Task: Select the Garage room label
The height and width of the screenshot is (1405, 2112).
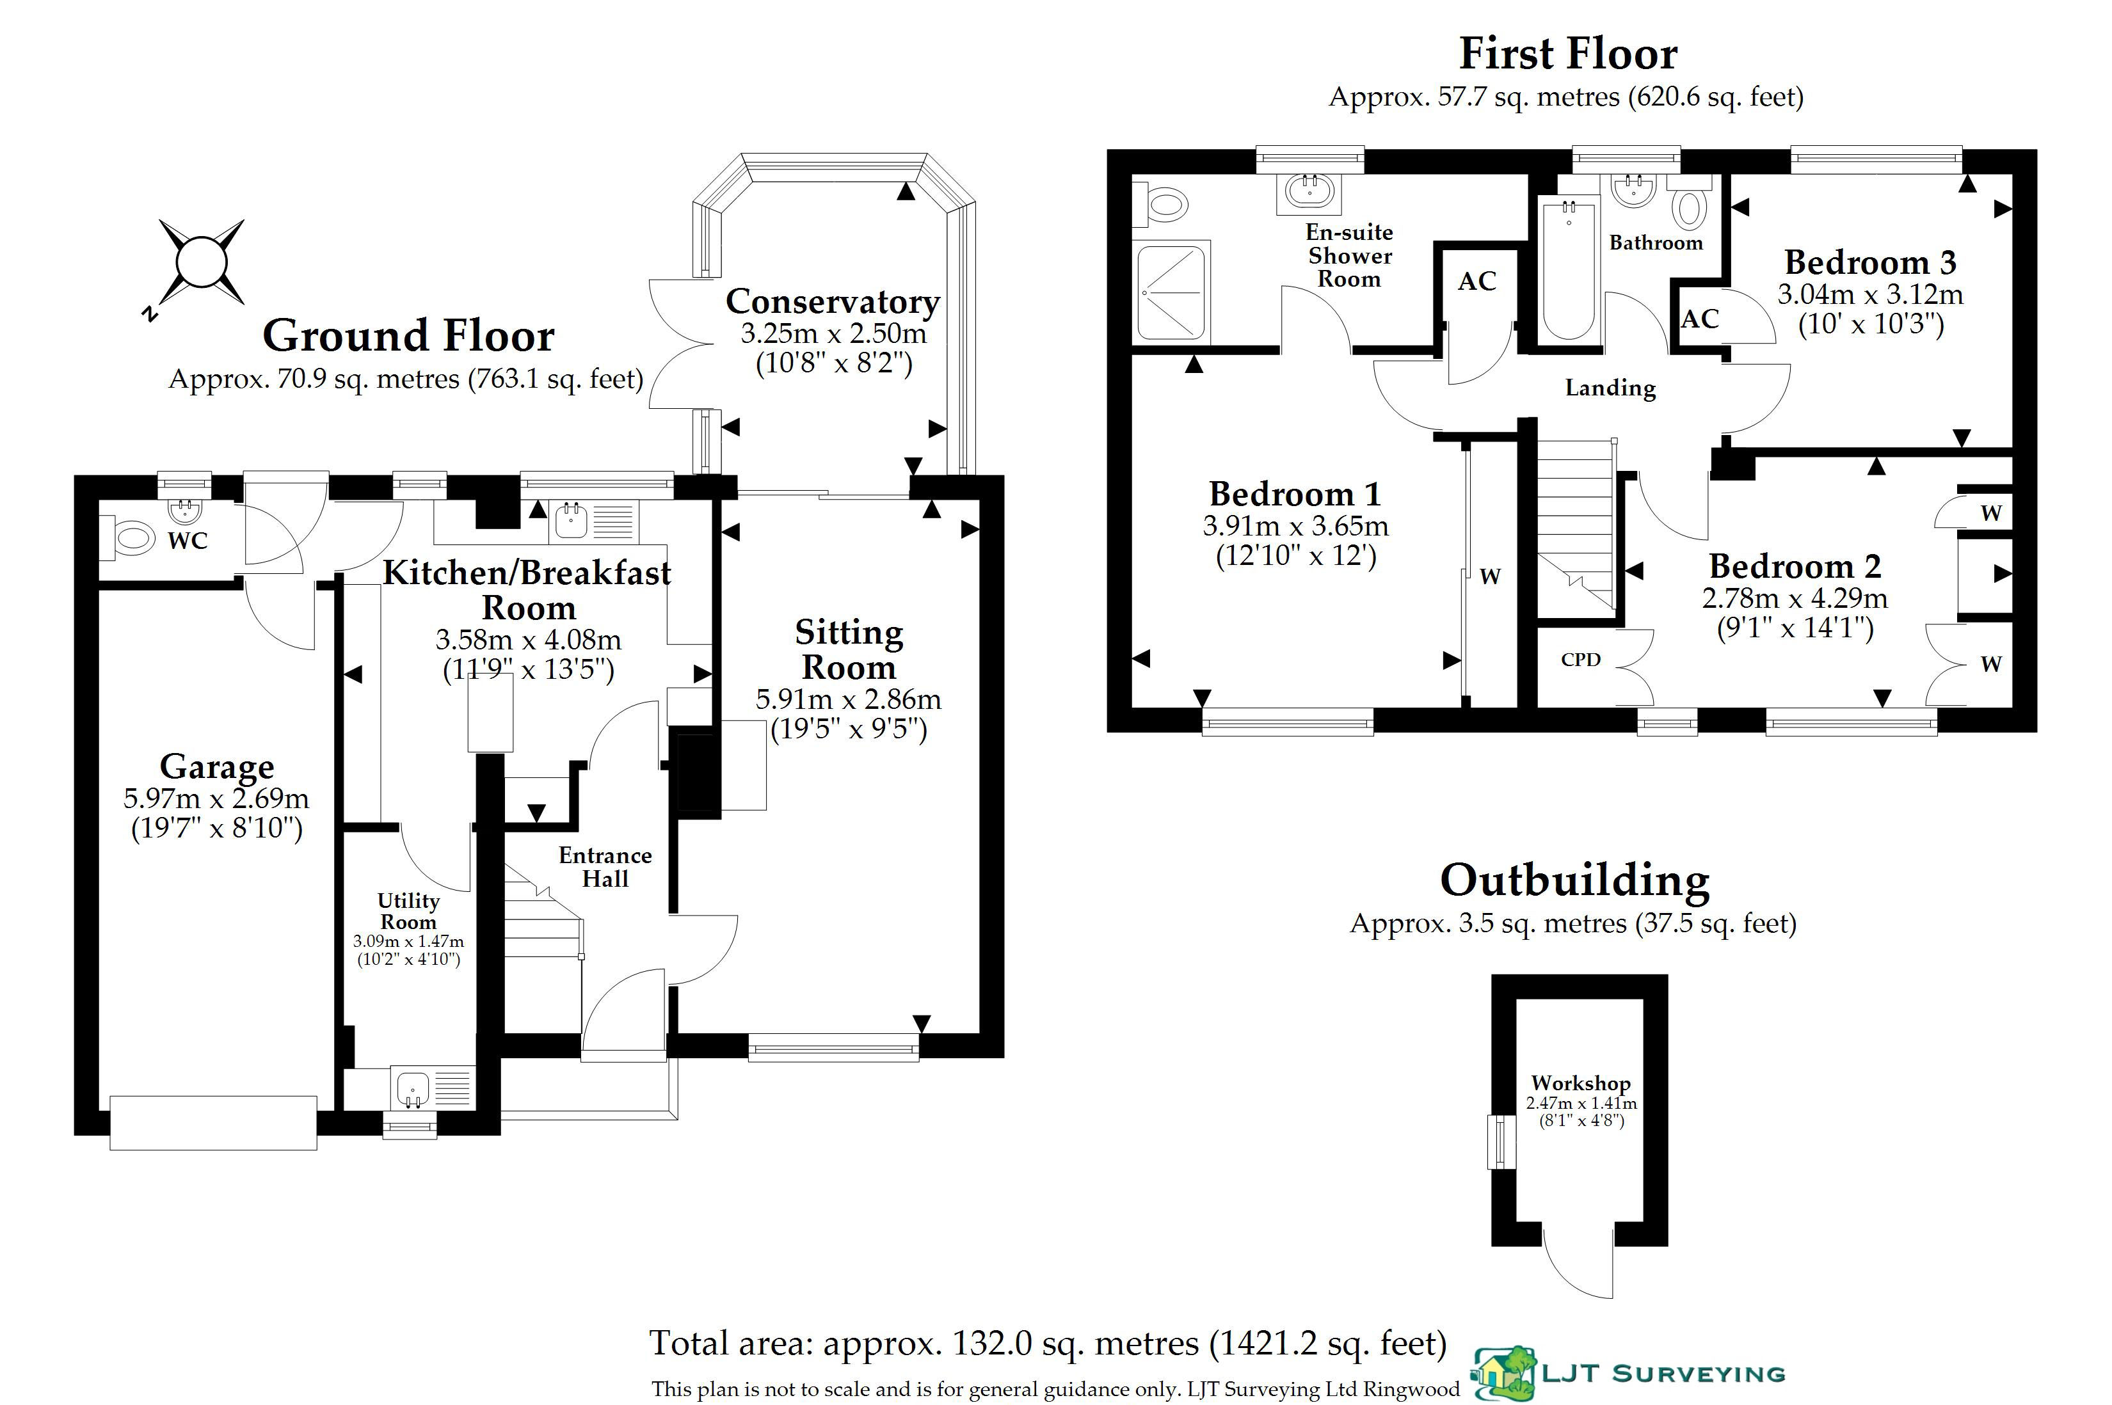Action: click(x=217, y=767)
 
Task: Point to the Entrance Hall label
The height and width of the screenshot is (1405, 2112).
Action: click(x=605, y=866)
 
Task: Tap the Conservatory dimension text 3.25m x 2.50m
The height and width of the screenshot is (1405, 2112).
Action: click(x=833, y=333)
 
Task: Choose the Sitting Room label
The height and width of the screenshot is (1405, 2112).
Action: click(x=849, y=649)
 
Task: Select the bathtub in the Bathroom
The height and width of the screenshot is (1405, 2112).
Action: click(x=1568, y=269)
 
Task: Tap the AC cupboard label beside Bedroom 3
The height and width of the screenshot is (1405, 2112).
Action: click(x=1700, y=319)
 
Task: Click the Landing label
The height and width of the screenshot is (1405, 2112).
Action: click(x=1610, y=388)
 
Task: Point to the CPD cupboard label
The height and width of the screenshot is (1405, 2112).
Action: click(x=1581, y=660)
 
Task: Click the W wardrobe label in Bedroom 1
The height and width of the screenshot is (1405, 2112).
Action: click(x=1490, y=576)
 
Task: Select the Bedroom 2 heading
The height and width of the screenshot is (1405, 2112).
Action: click(x=1795, y=566)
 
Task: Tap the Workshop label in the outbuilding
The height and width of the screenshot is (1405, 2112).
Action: click(x=1581, y=1083)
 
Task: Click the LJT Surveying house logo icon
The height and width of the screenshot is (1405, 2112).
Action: click(x=1505, y=1373)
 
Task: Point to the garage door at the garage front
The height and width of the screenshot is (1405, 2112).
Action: click(x=213, y=1123)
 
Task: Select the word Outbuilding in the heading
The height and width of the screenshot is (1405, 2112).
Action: click(x=1574, y=881)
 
